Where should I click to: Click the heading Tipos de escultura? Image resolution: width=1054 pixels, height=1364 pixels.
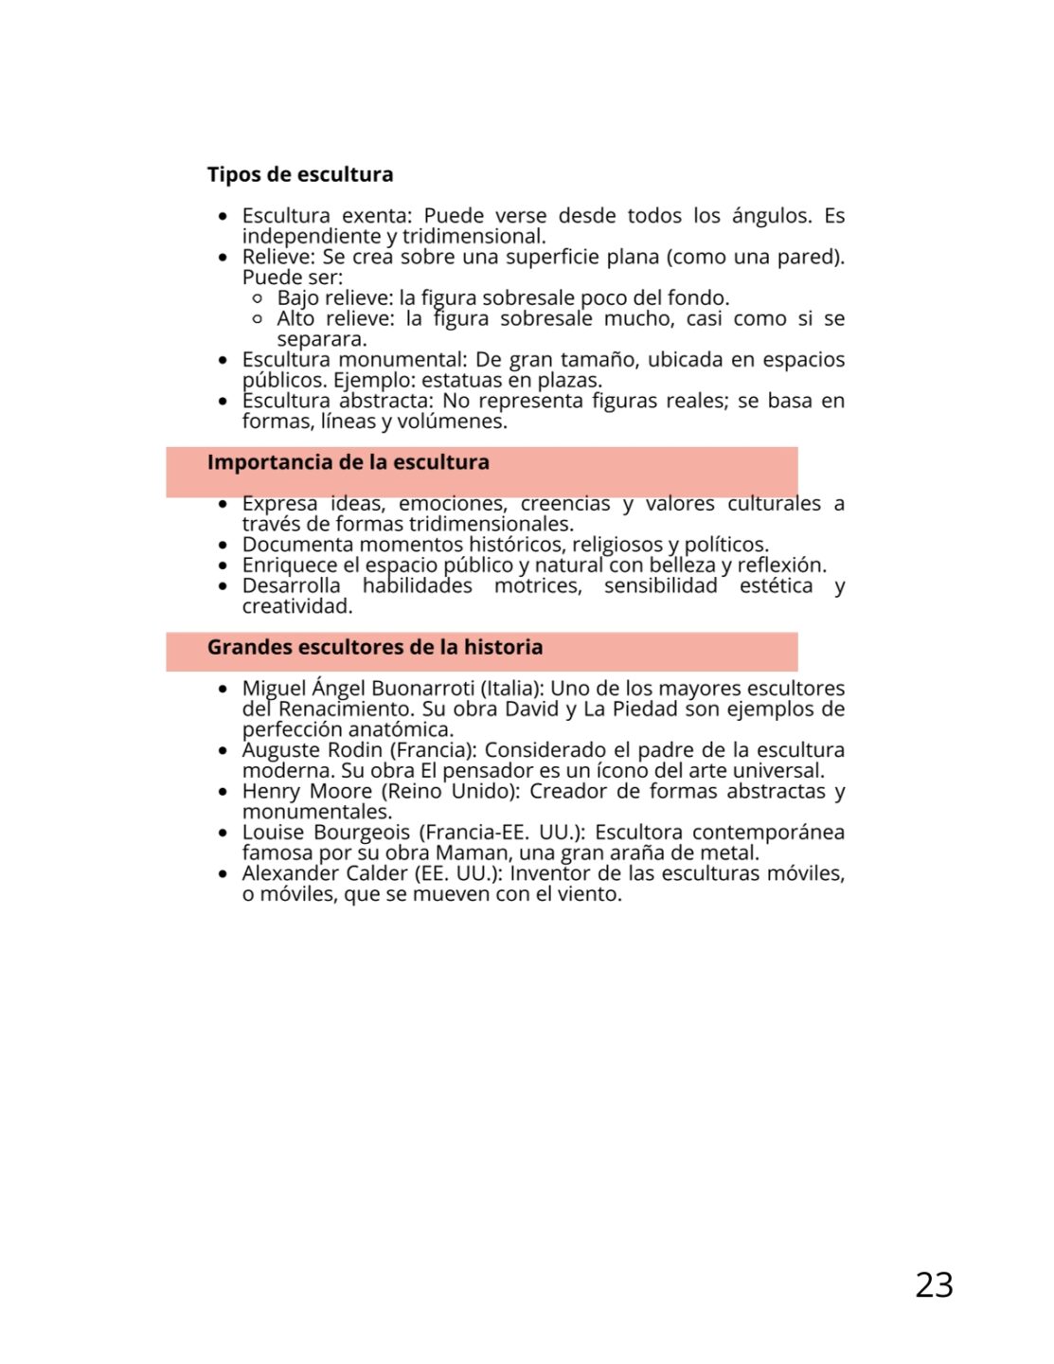(299, 174)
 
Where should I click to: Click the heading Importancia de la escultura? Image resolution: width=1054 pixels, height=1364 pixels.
(348, 462)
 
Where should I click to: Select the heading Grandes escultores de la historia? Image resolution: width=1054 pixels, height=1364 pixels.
(374, 647)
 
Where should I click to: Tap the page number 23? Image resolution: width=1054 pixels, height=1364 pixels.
(934, 1284)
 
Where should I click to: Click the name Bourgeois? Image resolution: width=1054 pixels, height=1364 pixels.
(361, 833)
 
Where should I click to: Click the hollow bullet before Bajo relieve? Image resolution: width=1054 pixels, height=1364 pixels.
(258, 298)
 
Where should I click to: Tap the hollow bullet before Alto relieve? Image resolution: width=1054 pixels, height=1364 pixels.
(258, 319)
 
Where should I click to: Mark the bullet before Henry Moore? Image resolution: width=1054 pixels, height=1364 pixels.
(223, 792)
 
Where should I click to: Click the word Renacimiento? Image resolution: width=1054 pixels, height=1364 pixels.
(346, 709)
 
